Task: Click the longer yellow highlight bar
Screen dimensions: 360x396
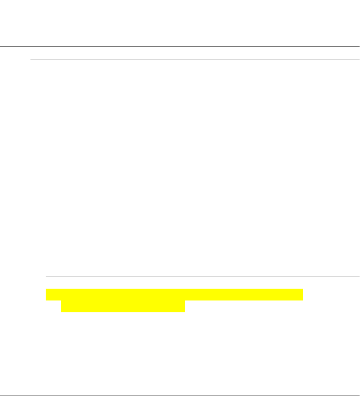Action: pyautogui.click(x=174, y=295)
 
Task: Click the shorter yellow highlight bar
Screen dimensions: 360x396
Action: pyautogui.click(x=123, y=306)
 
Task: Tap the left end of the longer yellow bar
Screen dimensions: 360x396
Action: pyautogui.click(x=47, y=295)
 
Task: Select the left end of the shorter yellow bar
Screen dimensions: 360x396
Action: pyautogui.click(x=62, y=306)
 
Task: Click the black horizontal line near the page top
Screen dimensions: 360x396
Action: pyautogui.click(x=180, y=46)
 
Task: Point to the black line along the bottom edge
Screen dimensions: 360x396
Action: pyautogui.click(x=180, y=396)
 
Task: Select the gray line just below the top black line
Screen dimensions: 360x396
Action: pyautogui.click(x=195, y=59)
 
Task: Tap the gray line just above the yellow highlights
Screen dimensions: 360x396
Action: pyautogui.click(x=202, y=277)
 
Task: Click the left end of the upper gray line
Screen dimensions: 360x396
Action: pyautogui.click(x=31, y=59)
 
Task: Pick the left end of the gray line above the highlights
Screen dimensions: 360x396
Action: pyautogui.click(x=46, y=277)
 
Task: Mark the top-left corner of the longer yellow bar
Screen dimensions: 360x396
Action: pyautogui.click(x=46, y=289)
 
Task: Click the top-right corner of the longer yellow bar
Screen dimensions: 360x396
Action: pyautogui.click(x=303, y=289)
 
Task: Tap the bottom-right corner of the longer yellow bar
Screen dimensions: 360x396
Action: pyautogui.click(x=303, y=300)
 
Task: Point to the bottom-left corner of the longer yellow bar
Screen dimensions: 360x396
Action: pyautogui.click(x=46, y=300)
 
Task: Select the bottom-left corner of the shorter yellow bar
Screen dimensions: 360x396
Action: pyautogui.click(x=61, y=312)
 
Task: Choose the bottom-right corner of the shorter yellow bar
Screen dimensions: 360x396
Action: pyautogui.click(x=185, y=312)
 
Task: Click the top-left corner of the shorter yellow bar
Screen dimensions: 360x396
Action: pyautogui.click(x=61, y=301)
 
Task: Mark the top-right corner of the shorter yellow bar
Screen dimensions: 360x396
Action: pyautogui.click(x=185, y=301)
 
